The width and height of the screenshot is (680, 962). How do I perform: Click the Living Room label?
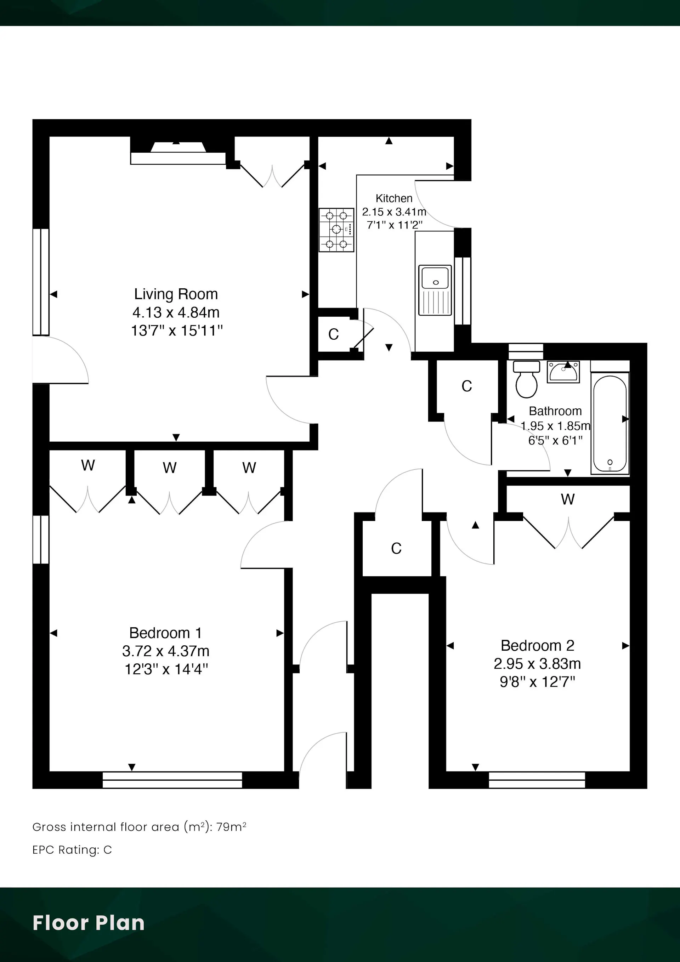coord(176,294)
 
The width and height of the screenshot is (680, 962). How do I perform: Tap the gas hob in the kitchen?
coord(336,230)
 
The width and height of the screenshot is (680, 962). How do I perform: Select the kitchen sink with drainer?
coord(435,290)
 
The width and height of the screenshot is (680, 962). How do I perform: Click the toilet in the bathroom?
coord(527,379)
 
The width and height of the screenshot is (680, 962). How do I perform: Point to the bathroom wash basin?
coord(563,372)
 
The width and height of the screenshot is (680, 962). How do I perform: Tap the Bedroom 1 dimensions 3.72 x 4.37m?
coord(166,651)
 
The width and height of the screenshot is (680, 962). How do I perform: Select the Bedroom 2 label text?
coord(538,646)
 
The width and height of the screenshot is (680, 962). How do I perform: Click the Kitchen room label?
coord(394,198)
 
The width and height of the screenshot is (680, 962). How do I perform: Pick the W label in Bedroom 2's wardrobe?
coord(568,499)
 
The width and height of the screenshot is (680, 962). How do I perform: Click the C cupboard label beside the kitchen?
coord(334,334)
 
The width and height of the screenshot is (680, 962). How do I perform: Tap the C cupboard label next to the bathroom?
coord(467,386)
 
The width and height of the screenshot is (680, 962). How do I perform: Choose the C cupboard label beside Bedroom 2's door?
coord(396,548)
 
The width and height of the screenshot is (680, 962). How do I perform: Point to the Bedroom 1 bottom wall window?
coord(172,780)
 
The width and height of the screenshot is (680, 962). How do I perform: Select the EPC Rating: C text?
coord(72,850)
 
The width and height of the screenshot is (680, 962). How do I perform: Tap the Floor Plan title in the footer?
coord(89,923)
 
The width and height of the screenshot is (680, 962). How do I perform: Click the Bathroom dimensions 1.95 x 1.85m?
coord(555,426)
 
